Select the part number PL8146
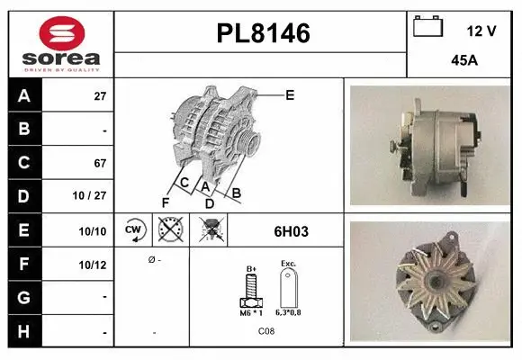263,34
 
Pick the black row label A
23,94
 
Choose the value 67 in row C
100,164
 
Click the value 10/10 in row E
94,231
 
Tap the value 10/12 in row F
94,265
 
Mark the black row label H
23,331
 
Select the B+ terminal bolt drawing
252,291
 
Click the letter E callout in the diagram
290,94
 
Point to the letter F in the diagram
165,202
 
